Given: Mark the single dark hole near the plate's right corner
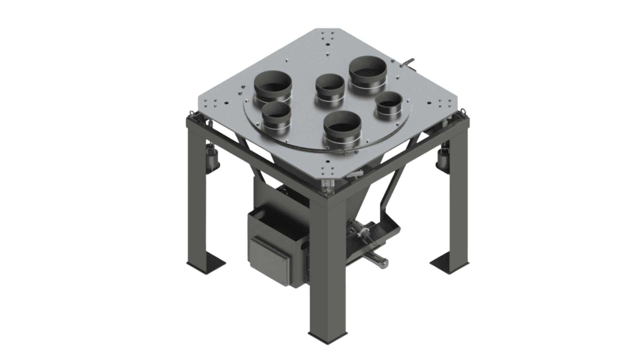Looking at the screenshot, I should (430, 103).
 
